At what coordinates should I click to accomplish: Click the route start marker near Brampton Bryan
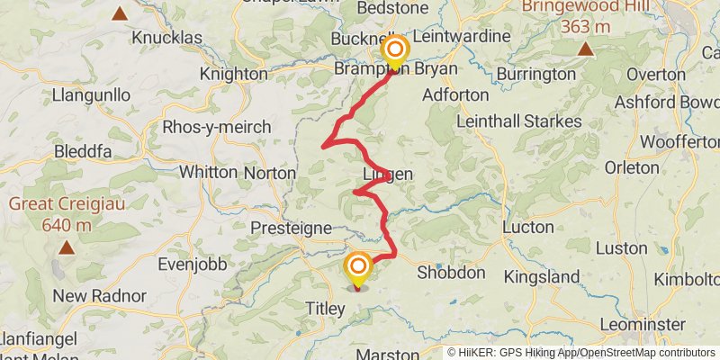tap(394, 50)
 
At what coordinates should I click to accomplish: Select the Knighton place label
tap(234, 74)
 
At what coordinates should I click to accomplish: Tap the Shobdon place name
tap(451, 273)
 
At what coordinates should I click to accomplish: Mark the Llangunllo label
tap(92, 94)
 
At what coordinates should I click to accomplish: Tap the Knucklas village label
tap(172, 38)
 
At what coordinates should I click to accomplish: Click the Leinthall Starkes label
tap(519, 121)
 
